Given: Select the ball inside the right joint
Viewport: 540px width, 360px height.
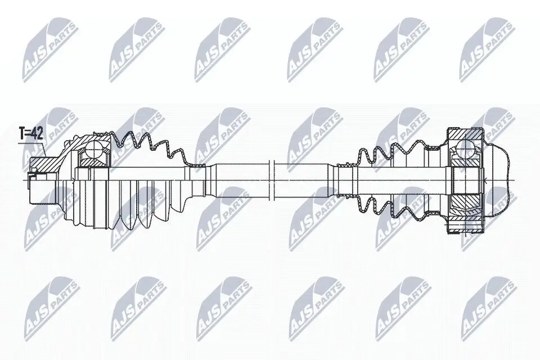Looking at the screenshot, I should point(466,148).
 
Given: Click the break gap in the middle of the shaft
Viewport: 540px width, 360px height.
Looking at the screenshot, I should point(271,180).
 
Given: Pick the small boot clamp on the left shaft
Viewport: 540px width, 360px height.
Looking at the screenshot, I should point(197,165).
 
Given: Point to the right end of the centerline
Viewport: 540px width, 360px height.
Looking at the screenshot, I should point(516,180).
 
